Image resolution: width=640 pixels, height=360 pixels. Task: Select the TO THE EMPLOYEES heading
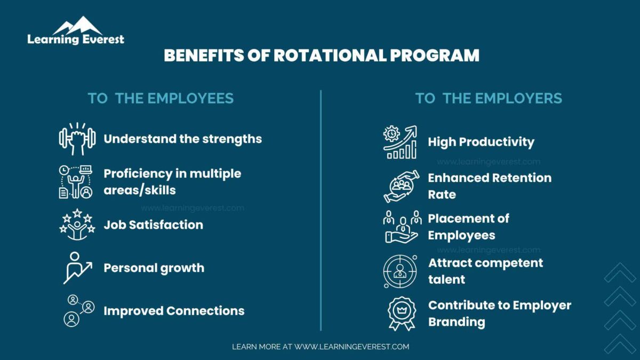click(x=161, y=99)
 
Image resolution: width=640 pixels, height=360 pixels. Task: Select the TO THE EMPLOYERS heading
click(x=489, y=99)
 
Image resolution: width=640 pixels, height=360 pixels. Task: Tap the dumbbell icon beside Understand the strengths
click(x=77, y=139)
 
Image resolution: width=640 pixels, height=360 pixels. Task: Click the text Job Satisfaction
click(x=153, y=225)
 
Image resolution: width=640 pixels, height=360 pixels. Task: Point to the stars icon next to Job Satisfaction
click(x=77, y=224)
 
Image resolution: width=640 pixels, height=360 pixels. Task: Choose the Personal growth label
click(x=154, y=268)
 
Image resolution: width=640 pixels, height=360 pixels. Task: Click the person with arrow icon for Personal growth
click(x=77, y=268)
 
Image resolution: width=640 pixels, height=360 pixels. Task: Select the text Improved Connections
click(x=174, y=311)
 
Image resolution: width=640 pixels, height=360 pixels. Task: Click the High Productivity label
click(x=481, y=142)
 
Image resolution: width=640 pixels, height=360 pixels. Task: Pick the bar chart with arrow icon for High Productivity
click(x=400, y=142)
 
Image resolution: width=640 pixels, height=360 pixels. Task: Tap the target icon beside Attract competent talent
click(x=400, y=271)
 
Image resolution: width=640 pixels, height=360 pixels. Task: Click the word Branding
click(x=457, y=322)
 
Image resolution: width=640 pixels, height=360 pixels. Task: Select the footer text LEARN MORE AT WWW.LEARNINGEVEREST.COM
click(x=320, y=347)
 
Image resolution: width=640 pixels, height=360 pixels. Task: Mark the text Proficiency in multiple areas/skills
click(x=172, y=181)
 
